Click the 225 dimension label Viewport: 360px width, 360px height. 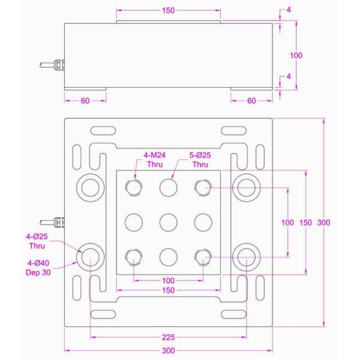[x=168, y=337]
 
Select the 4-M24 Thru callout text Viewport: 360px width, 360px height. [x=154, y=159]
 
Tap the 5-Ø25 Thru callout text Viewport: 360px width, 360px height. [x=200, y=159]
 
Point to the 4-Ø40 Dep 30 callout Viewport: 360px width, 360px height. [x=37, y=267]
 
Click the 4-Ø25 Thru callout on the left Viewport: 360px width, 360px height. [x=37, y=241]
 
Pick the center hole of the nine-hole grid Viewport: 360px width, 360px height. [x=169, y=223]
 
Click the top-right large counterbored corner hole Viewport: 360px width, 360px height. [x=246, y=187]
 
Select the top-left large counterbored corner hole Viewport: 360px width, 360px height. [x=90, y=187]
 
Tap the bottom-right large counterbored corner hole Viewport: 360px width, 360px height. [x=246, y=257]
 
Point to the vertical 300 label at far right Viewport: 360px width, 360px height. [x=323, y=223]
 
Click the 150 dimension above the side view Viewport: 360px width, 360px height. [x=169, y=11]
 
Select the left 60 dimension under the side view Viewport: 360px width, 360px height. [x=85, y=100]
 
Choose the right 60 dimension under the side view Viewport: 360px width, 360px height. [x=251, y=100]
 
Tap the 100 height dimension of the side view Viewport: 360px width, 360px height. [x=296, y=55]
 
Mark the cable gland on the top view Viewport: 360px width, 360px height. [x=57, y=223]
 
